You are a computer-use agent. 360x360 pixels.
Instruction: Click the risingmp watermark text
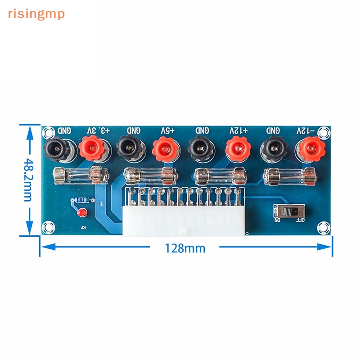(x=36, y=14)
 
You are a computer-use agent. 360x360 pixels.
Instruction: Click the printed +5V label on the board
(x=167, y=130)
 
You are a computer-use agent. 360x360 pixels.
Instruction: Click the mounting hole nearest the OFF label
(x=323, y=228)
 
